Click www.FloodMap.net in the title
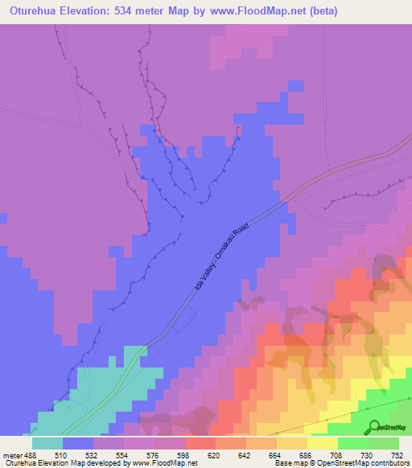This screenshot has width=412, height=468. tap(260, 11)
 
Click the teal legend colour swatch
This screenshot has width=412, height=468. tap(47, 442)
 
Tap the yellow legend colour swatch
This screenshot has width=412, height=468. tap(322, 442)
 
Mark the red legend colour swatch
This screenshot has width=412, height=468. tap(200, 442)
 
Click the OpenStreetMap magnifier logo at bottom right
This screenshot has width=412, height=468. tap(371, 427)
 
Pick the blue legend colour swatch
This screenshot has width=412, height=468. tap(77, 442)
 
